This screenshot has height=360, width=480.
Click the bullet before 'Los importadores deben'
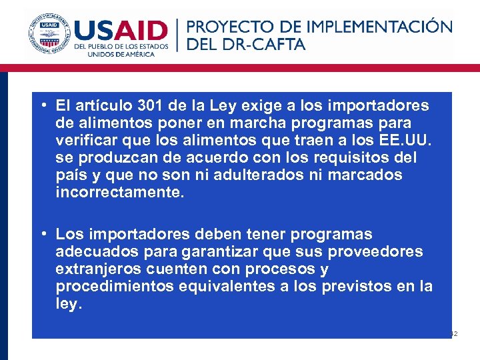(43, 235)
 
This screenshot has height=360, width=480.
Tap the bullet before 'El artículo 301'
(43, 106)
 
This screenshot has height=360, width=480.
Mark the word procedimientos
(113, 287)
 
